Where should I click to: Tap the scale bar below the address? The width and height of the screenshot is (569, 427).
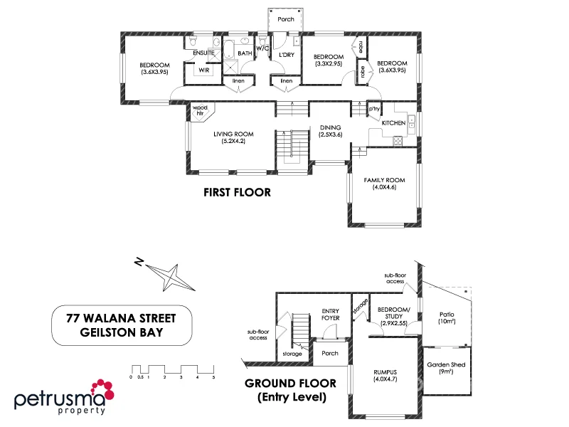pyautogui.click(x=173, y=370)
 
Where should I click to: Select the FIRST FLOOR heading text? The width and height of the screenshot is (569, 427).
pyautogui.click(x=237, y=192)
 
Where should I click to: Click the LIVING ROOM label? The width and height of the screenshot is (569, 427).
pyautogui.click(x=233, y=137)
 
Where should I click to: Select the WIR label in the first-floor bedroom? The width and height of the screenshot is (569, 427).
pyautogui.click(x=203, y=70)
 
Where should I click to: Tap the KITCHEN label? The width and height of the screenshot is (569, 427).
pyautogui.click(x=393, y=123)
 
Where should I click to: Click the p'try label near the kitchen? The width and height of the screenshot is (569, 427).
pyautogui.click(x=374, y=109)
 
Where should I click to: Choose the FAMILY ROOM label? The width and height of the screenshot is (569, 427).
pyautogui.click(x=384, y=184)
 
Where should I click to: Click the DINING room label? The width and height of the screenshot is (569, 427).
pyautogui.click(x=330, y=130)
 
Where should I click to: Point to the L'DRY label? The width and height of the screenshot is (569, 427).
pyautogui.click(x=287, y=54)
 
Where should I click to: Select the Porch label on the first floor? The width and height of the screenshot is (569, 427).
pyautogui.click(x=285, y=19)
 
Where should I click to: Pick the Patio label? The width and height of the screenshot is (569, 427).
pyautogui.click(x=447, y=317)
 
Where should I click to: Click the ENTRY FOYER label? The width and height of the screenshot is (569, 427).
pyautogui.click(x=331, y=314)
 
